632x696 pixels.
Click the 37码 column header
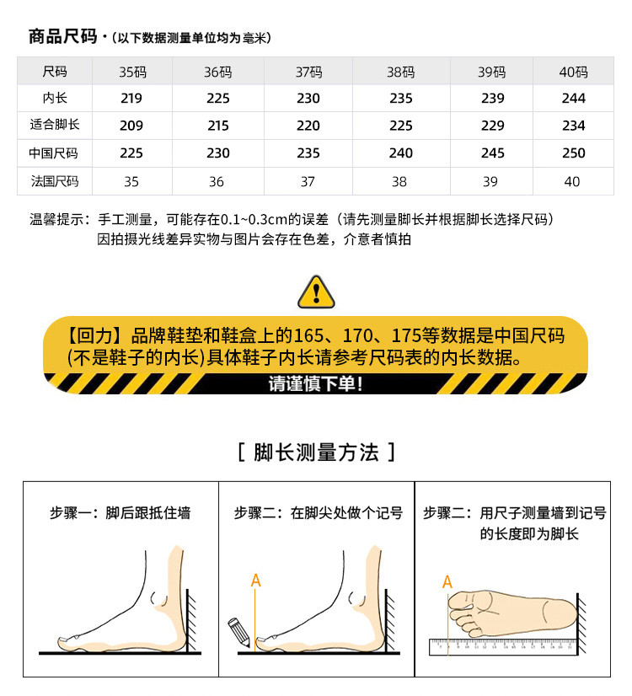pyautogui.click(x=309, y=72)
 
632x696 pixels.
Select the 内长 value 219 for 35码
pyautogui.click(x=131, y=98)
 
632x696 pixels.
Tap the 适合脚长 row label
pyautogui.click(x=55, y=125)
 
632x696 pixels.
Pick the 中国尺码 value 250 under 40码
pyautogui.click(x=573, y=153)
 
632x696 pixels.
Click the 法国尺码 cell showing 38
pyautogui.click(x=399, y=181)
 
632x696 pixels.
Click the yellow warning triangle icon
pyautogui.click(x=316, y=292)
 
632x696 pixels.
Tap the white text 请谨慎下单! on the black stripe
pyautogui.click(x=315, y=384)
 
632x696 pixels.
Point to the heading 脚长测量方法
pyautogui.click(x=317, y=452)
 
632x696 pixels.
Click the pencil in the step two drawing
pyautogui.click(x=238, y=632)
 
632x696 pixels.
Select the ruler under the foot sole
pyautogui.click(x=503, y=647)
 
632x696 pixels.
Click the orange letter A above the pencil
pyautogui.click(x=255, y=581)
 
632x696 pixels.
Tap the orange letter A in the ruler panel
pyautogui.click(x=447, y=582)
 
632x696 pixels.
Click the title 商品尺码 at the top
pyautogui.click(x=62, y=36)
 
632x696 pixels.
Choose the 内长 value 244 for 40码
pyautogui.click(x=573, y=98)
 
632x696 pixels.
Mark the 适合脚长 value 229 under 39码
pyautogui.click(x=493, y=126)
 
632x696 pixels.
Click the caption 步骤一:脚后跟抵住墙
pyautogui.click(x=121, y=512)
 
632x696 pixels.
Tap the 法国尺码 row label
pyautogui.click(x=55, y=181)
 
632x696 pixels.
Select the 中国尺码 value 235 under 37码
pyautogui.click(x=308, y=153)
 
